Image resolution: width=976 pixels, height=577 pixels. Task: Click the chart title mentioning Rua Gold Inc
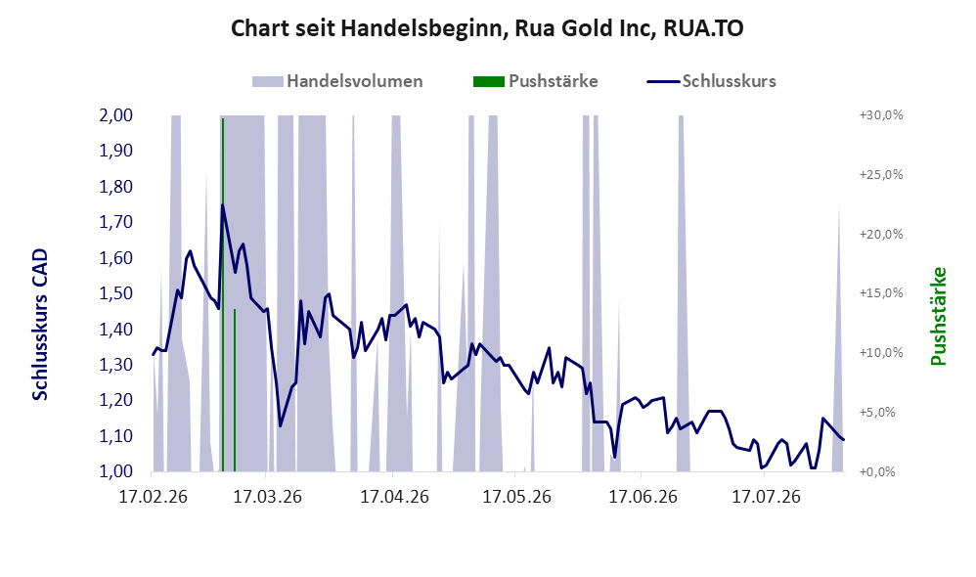[x=487, y=28]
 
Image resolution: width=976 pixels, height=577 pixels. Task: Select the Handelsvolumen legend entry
[x=337, y=81]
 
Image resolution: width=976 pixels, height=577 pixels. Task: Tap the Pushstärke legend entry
[x=535, y=81]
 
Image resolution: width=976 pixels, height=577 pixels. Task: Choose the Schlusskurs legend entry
[x=711, y=81]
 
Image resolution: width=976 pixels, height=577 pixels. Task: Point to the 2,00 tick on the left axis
[x=116, y=115]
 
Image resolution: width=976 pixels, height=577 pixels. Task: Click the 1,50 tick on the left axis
[x=116, y=293]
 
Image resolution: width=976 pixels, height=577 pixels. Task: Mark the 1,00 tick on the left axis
[x=116, y=471]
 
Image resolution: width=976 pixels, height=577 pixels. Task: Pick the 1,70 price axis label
[x=116, y=222]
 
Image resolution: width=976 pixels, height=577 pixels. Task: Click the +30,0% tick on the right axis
[x=881, y=115]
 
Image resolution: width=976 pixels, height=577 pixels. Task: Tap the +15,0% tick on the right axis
[x=881, y=293]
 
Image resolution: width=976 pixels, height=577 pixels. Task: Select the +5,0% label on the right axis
[x=884, y=412]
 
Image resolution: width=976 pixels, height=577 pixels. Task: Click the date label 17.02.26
[x=153, y=497]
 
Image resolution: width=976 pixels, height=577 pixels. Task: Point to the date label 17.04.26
[x=395, y=497]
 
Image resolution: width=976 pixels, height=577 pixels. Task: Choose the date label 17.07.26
[x=766, y=497]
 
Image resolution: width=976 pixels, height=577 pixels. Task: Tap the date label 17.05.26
[x=517, y=497]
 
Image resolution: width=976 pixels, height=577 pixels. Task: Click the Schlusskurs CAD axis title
[x=40, y=325]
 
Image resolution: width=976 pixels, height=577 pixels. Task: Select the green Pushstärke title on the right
[x=938, y=316]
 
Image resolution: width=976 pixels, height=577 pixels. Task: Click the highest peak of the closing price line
[x=222, y=204]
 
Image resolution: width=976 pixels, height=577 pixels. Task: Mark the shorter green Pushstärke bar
[x=235, y=390]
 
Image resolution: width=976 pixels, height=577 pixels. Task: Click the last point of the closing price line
[x=843, y=440]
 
